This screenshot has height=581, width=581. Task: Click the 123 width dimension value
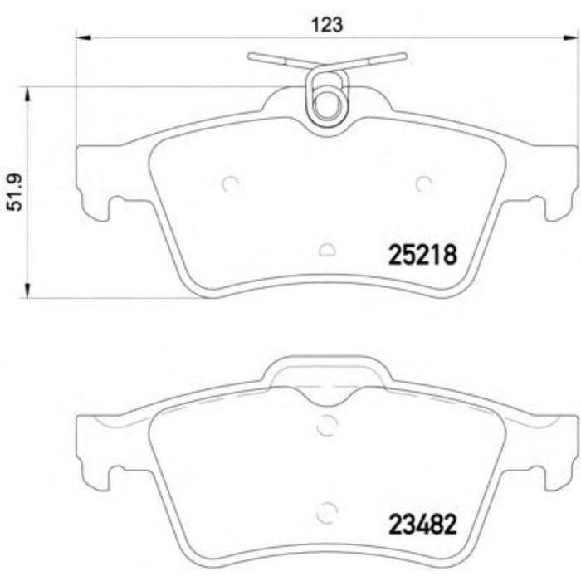[327, 25]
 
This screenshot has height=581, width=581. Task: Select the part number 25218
[422, 256]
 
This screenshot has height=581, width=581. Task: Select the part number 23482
[422, 525]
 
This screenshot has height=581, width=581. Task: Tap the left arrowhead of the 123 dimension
[83, 38]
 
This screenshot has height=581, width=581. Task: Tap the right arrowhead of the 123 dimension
[570, 38]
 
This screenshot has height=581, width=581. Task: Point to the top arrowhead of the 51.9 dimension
[27, 95]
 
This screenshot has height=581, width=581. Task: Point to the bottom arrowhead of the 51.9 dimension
[27, 290]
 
